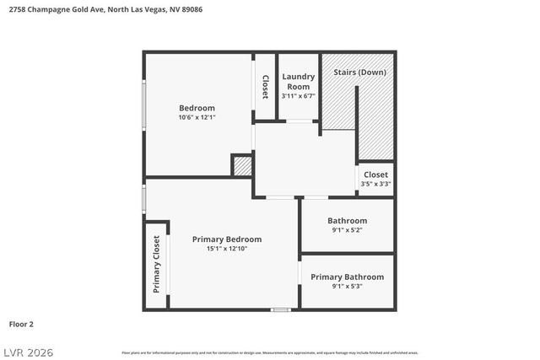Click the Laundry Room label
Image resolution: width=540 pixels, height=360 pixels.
coord(299,81)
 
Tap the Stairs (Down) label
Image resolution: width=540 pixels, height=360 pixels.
coord(359,73)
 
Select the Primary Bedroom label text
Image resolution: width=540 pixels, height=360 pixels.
coord(226,239)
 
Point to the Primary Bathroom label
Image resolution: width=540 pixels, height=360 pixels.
coord(347,277)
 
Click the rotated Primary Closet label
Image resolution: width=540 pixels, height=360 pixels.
coord(156,265)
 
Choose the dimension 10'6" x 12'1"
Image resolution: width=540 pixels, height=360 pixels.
coord(197,118)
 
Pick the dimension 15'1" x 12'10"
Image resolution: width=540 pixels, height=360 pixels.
coord(226,249)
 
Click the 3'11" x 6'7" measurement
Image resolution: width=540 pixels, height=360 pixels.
coord(299,96)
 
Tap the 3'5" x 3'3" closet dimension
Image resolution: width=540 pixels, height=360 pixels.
coord(375,184)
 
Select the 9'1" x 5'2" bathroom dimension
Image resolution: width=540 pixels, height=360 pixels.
coord(347,230)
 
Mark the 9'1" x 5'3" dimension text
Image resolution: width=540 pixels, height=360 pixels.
coord(347,287)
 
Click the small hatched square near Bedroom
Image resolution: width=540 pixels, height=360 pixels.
coord(242,165)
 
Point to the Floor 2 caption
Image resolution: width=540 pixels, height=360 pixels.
coord(21,323)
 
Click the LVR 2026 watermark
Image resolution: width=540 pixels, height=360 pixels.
coord(30,350)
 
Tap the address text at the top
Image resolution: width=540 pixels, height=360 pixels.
coord(105,10)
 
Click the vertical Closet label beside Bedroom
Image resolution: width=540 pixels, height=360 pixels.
coord(265,87)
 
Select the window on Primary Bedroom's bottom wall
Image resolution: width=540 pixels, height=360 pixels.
coord(280,310)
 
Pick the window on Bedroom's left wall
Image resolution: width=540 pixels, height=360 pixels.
coord(144,105)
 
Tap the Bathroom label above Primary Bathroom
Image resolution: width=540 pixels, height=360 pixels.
coord(347,221)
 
